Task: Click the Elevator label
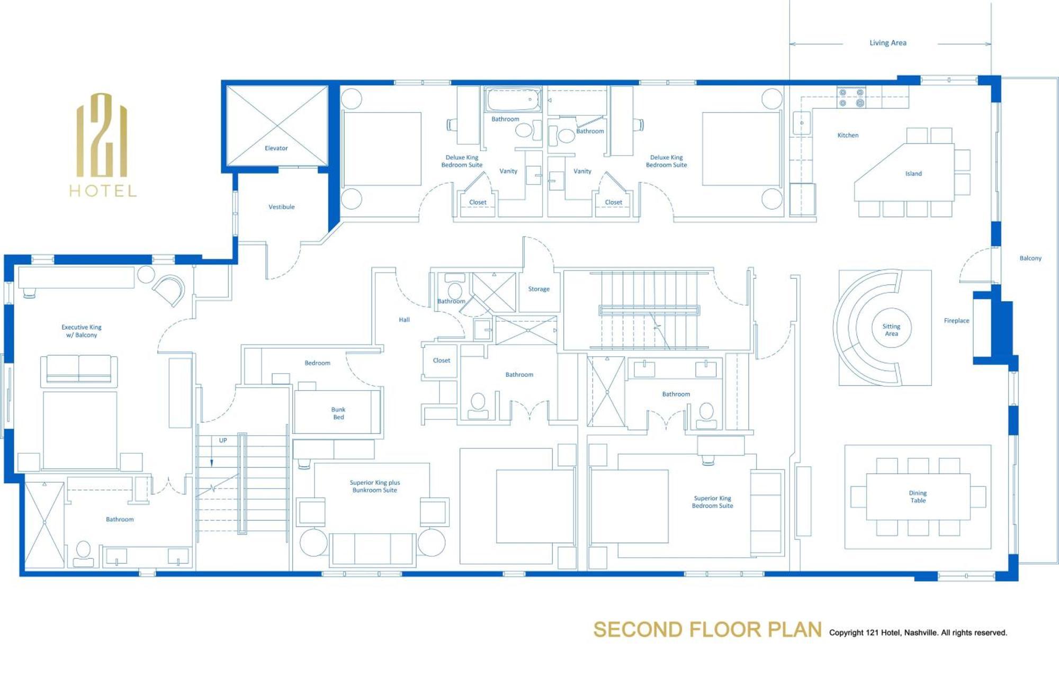click(x=276, y=148)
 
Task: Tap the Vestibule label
click(x=281, y=207)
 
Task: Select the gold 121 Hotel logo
click(x=103, y=144)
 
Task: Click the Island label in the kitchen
click(x=913, y=174)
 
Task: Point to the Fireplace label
click(x=956, y=321)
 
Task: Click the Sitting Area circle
click(x=891, y=330)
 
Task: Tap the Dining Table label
click(x=918, y=496)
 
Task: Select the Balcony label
click(x=1030, y=258)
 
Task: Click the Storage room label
click(x=539, y=289)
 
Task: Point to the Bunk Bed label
click(x=338, y=413)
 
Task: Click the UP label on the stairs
click(x=223, y=440)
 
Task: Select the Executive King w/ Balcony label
click(x=82, y=331)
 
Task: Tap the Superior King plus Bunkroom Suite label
click(x=374, y=486)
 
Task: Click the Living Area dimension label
click(x=887, y=43)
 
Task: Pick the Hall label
click(x=404, y=320)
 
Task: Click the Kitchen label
click(x=847, y=135)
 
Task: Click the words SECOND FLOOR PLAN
click(x=707, y=630)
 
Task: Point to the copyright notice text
click(x=918, y=632)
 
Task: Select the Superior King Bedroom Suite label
click(x=712, y=502)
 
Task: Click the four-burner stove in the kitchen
click(x=851, y=98)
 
